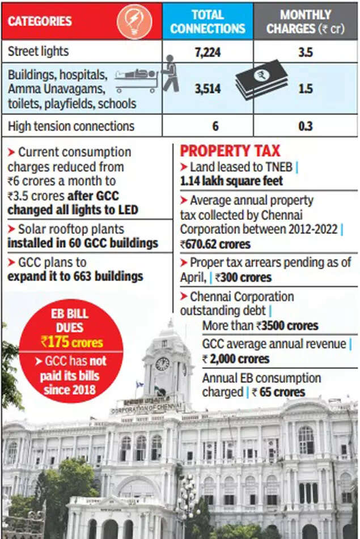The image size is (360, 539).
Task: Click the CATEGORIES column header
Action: point(40,22)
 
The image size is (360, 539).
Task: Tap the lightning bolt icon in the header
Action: point(134,22)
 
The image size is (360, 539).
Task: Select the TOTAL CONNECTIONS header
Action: point(207,22)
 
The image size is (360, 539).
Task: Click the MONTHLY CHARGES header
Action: point(306,22)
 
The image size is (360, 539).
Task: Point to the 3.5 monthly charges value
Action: point(306,52)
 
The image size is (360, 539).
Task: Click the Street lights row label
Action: point(38,52)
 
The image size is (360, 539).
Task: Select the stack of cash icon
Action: point(261,79)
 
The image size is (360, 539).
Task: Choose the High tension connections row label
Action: point(71,126)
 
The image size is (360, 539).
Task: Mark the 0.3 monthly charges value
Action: point(306,126)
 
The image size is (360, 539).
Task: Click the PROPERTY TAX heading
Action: point(230,151)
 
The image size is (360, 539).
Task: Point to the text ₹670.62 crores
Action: point(215,244)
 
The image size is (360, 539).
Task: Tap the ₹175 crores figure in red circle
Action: point(71,342)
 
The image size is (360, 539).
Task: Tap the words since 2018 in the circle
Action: point(71,391)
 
